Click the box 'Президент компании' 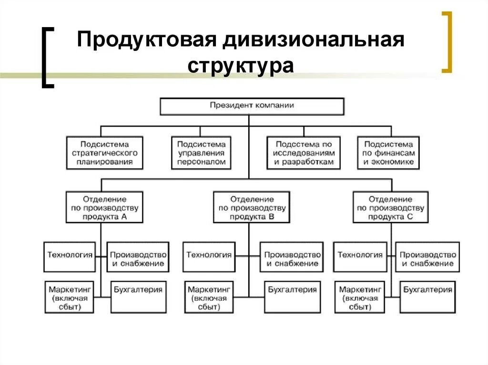[252, 106]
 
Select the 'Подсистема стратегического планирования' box [104, 153]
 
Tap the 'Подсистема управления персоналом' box [201, 153]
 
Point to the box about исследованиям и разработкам [304, 153]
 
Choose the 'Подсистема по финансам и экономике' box [388, 153]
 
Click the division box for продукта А [103, 207]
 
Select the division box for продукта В [251, 207]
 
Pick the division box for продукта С [390, 207]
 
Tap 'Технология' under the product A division [70, 256]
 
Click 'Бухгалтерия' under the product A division [139, 297]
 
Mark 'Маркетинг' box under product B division [209, 297]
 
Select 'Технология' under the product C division [360, 256]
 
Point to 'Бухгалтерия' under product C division [427, 297]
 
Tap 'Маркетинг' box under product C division [360, 297]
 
